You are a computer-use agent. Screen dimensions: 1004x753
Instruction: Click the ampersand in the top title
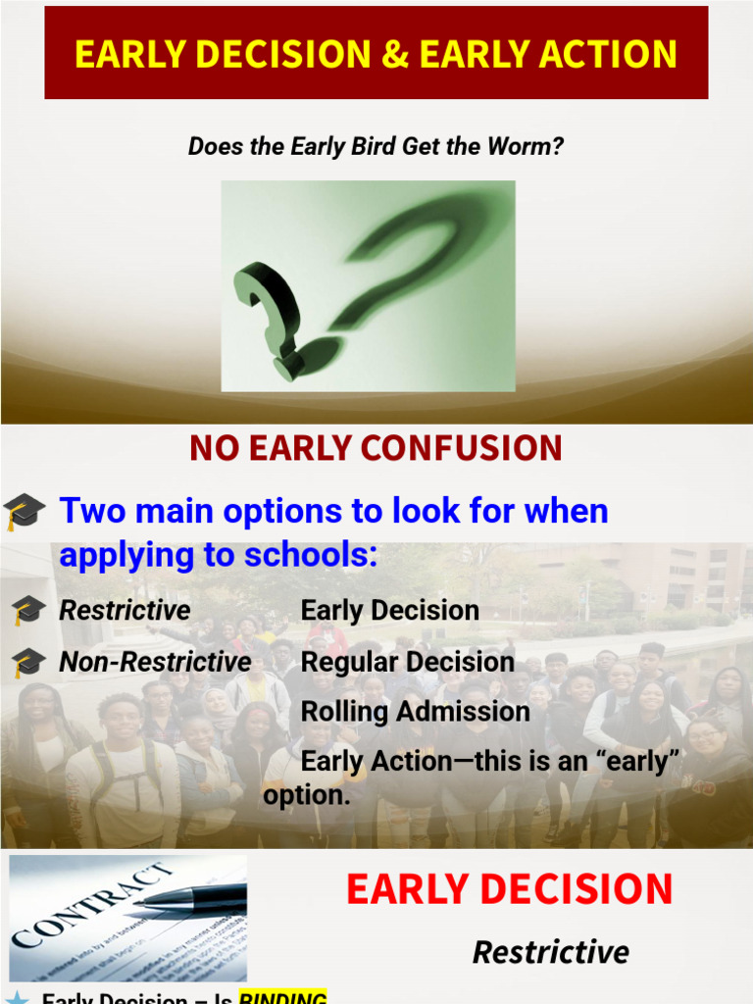coord(395,55)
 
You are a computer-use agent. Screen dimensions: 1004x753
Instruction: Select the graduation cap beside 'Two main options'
coord(25,512)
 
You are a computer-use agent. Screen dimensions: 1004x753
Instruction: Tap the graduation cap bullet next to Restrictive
coord(26,611)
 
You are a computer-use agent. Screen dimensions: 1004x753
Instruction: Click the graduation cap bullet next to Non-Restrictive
coord(26,663)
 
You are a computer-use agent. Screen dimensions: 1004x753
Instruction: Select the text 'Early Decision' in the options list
coord(389,610)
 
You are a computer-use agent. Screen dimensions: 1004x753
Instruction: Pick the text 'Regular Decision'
coord(407,662)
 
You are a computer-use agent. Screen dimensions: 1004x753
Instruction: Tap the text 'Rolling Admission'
coord(415,712)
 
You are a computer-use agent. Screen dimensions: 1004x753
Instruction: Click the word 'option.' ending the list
coord(306,795)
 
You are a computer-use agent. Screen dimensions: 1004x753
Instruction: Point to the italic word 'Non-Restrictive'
coord(155,662)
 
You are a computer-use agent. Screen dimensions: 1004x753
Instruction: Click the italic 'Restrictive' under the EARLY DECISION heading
coord(550,951)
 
